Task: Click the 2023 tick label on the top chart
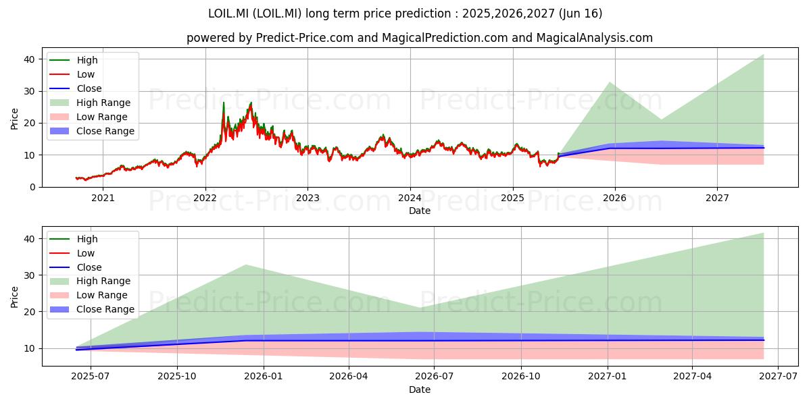point(308,198)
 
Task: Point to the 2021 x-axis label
point(103,198)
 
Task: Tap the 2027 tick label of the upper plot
point(717,198)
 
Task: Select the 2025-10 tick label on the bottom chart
point(177,377)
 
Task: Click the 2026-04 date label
point(349,377)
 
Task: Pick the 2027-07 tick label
point(778,377)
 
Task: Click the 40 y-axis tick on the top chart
point(29,59)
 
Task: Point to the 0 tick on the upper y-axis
point(32,188)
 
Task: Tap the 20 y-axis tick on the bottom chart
point(29,312)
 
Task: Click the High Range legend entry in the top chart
point(90,103)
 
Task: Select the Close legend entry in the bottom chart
point(76,267)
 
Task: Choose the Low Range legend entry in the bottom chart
point(89,295)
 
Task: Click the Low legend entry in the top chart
point(72,74)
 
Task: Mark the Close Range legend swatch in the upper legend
point(59,131)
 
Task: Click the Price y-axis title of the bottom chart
point(14,297)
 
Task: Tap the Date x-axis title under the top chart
point(420,211)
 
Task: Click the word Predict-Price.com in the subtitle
point(305,38)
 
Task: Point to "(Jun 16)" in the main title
point(581,13)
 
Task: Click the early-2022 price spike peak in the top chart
point(224,103)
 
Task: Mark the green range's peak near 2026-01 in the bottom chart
point(246,265)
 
